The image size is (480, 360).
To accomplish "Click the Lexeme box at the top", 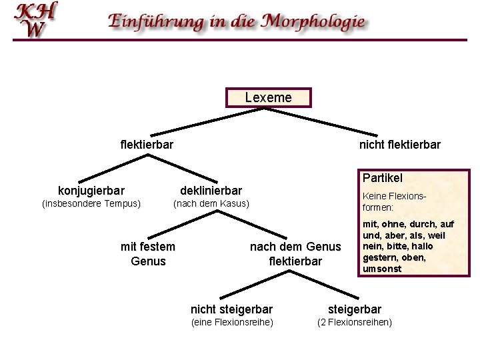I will pyautogui.click(x=268, y=98).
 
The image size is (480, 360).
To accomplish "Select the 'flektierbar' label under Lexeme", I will pyautogui.click(x=147, y=145).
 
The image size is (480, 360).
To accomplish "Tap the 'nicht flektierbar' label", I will pyautogui.click(x=399, y=145).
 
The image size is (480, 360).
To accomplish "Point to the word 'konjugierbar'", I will pyautogui.click(x=91, y=191).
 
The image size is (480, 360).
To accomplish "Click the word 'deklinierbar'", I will pyautogui.click(x=211, y=191).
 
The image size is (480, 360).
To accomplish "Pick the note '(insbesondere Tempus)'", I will pyautogui.click(x=91, y=203).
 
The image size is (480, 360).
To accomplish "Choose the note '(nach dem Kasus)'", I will pyautogui.click(x=211, y=203).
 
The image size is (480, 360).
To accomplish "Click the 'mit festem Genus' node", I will pyautogui.click(x=148, y=254).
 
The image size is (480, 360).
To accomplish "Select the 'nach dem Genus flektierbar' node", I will pyautogui.click(x=295, y=254).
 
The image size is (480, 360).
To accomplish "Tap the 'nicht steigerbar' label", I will pyautogui.click(x=231, y=309).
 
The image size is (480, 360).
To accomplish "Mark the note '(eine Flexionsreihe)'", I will pyautogui.click(x=231, y=323).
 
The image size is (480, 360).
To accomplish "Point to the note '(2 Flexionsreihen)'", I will pyautogui.click(x=354, y=323).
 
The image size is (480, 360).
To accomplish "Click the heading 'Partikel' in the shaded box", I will pyautogui.click(x=383, y=178).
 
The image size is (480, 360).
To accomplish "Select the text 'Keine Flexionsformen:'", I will pyautogui.click(x=393, y=202).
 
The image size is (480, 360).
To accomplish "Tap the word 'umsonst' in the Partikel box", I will pyautogui.click(x=382, y=269).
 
